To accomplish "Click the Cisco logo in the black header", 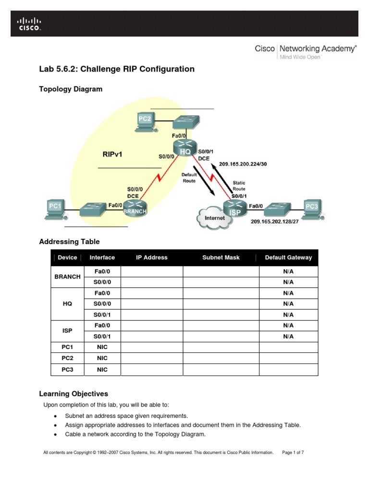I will coord(29,24).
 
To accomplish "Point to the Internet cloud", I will coord(214,218).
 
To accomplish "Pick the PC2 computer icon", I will coord(144,122).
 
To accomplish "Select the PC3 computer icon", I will coord(312,208).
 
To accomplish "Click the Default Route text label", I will coord(189,178).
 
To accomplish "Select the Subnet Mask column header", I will coord(221,257).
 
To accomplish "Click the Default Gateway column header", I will coord(288,257).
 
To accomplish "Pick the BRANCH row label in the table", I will coord(67,277).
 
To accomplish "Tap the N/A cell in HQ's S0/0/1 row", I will coord(288,315).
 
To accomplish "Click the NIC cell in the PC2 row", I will coord(102,358).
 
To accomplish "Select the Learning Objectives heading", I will coord(74,394).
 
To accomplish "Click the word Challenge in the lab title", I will coord(99,69).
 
